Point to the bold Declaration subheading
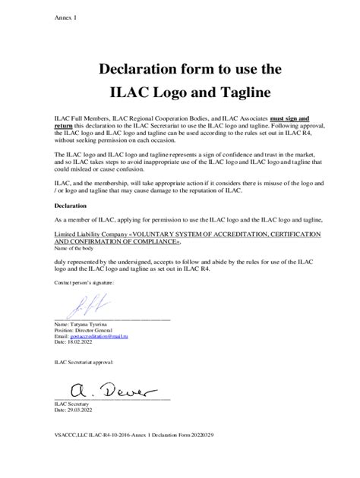[x=74, y=205]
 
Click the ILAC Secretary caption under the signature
[x=71, y=404]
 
